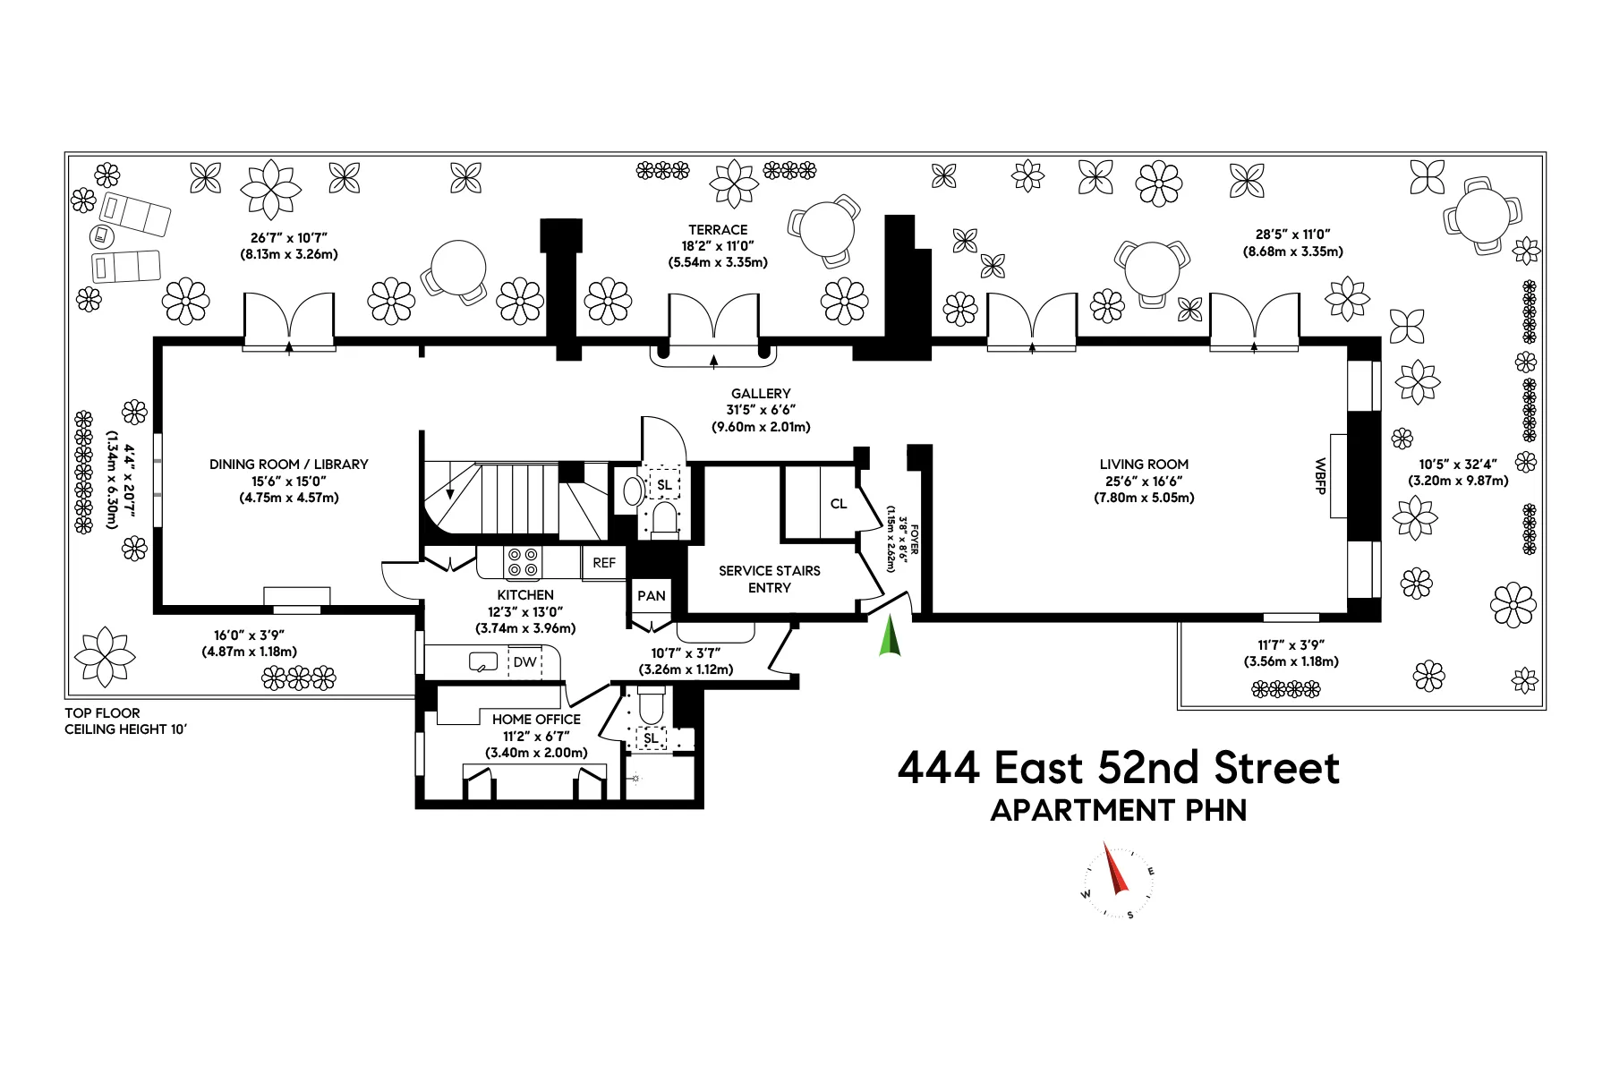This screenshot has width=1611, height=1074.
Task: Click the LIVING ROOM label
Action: click(1144, 464)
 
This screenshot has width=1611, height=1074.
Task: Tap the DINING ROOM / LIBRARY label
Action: click(288, 464)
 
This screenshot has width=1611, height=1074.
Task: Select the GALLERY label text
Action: click(761, 393)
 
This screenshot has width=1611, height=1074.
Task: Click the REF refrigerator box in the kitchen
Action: click(604, 563)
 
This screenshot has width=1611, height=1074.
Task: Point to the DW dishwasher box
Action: click(525, 662)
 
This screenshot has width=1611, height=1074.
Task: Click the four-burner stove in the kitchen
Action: click(523, 562)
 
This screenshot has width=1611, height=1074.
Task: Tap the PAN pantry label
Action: click(652, 596)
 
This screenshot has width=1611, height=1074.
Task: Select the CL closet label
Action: click(839, 504)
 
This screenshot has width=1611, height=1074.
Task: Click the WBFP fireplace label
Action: click(1319, 476)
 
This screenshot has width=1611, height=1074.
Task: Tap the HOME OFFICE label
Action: click(536, 720)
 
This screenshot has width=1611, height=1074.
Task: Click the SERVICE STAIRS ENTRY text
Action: click(770, 579)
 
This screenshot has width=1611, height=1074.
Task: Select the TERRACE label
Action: click(718, 230)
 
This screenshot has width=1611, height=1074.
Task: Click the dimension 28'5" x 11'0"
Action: click(1292, 234)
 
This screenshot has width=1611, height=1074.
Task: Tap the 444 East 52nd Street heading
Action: click(1119, 768)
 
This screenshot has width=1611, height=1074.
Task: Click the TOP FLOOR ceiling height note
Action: click(125, 721)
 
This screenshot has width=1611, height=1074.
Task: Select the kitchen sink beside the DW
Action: click(483, 663)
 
